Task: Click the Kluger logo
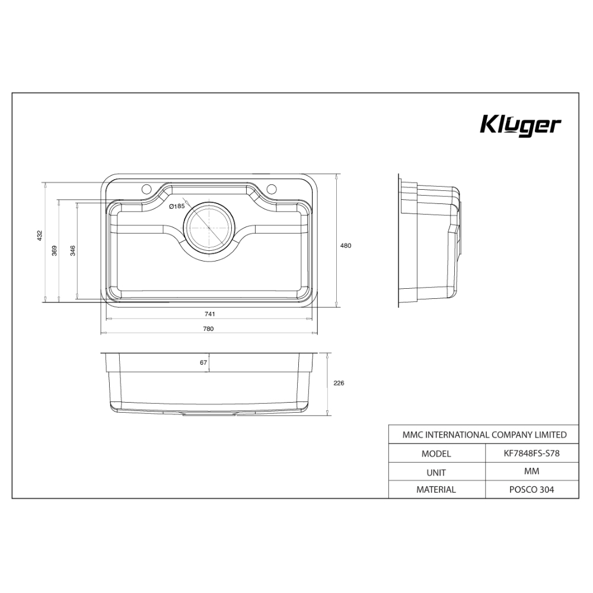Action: click(x=519, y=126)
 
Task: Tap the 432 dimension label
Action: click(x=40, y=236)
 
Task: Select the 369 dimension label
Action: click(x=55, y=250)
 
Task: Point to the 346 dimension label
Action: click(x=73, y=250)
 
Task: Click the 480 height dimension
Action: click(x=346, y=246)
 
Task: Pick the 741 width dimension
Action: click(x=209, y=314)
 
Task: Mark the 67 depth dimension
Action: click(x=203, y=362)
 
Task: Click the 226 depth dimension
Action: click(x=339, y=383)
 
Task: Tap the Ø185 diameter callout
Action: click(x=177, y=206)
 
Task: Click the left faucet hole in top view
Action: click(x=146, y=189)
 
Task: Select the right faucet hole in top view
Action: click(x=272, y=189)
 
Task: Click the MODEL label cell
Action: click(x=436, y=454)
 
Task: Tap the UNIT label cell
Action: click(x=436, y=472)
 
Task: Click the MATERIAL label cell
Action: click(x=436, y=490)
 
